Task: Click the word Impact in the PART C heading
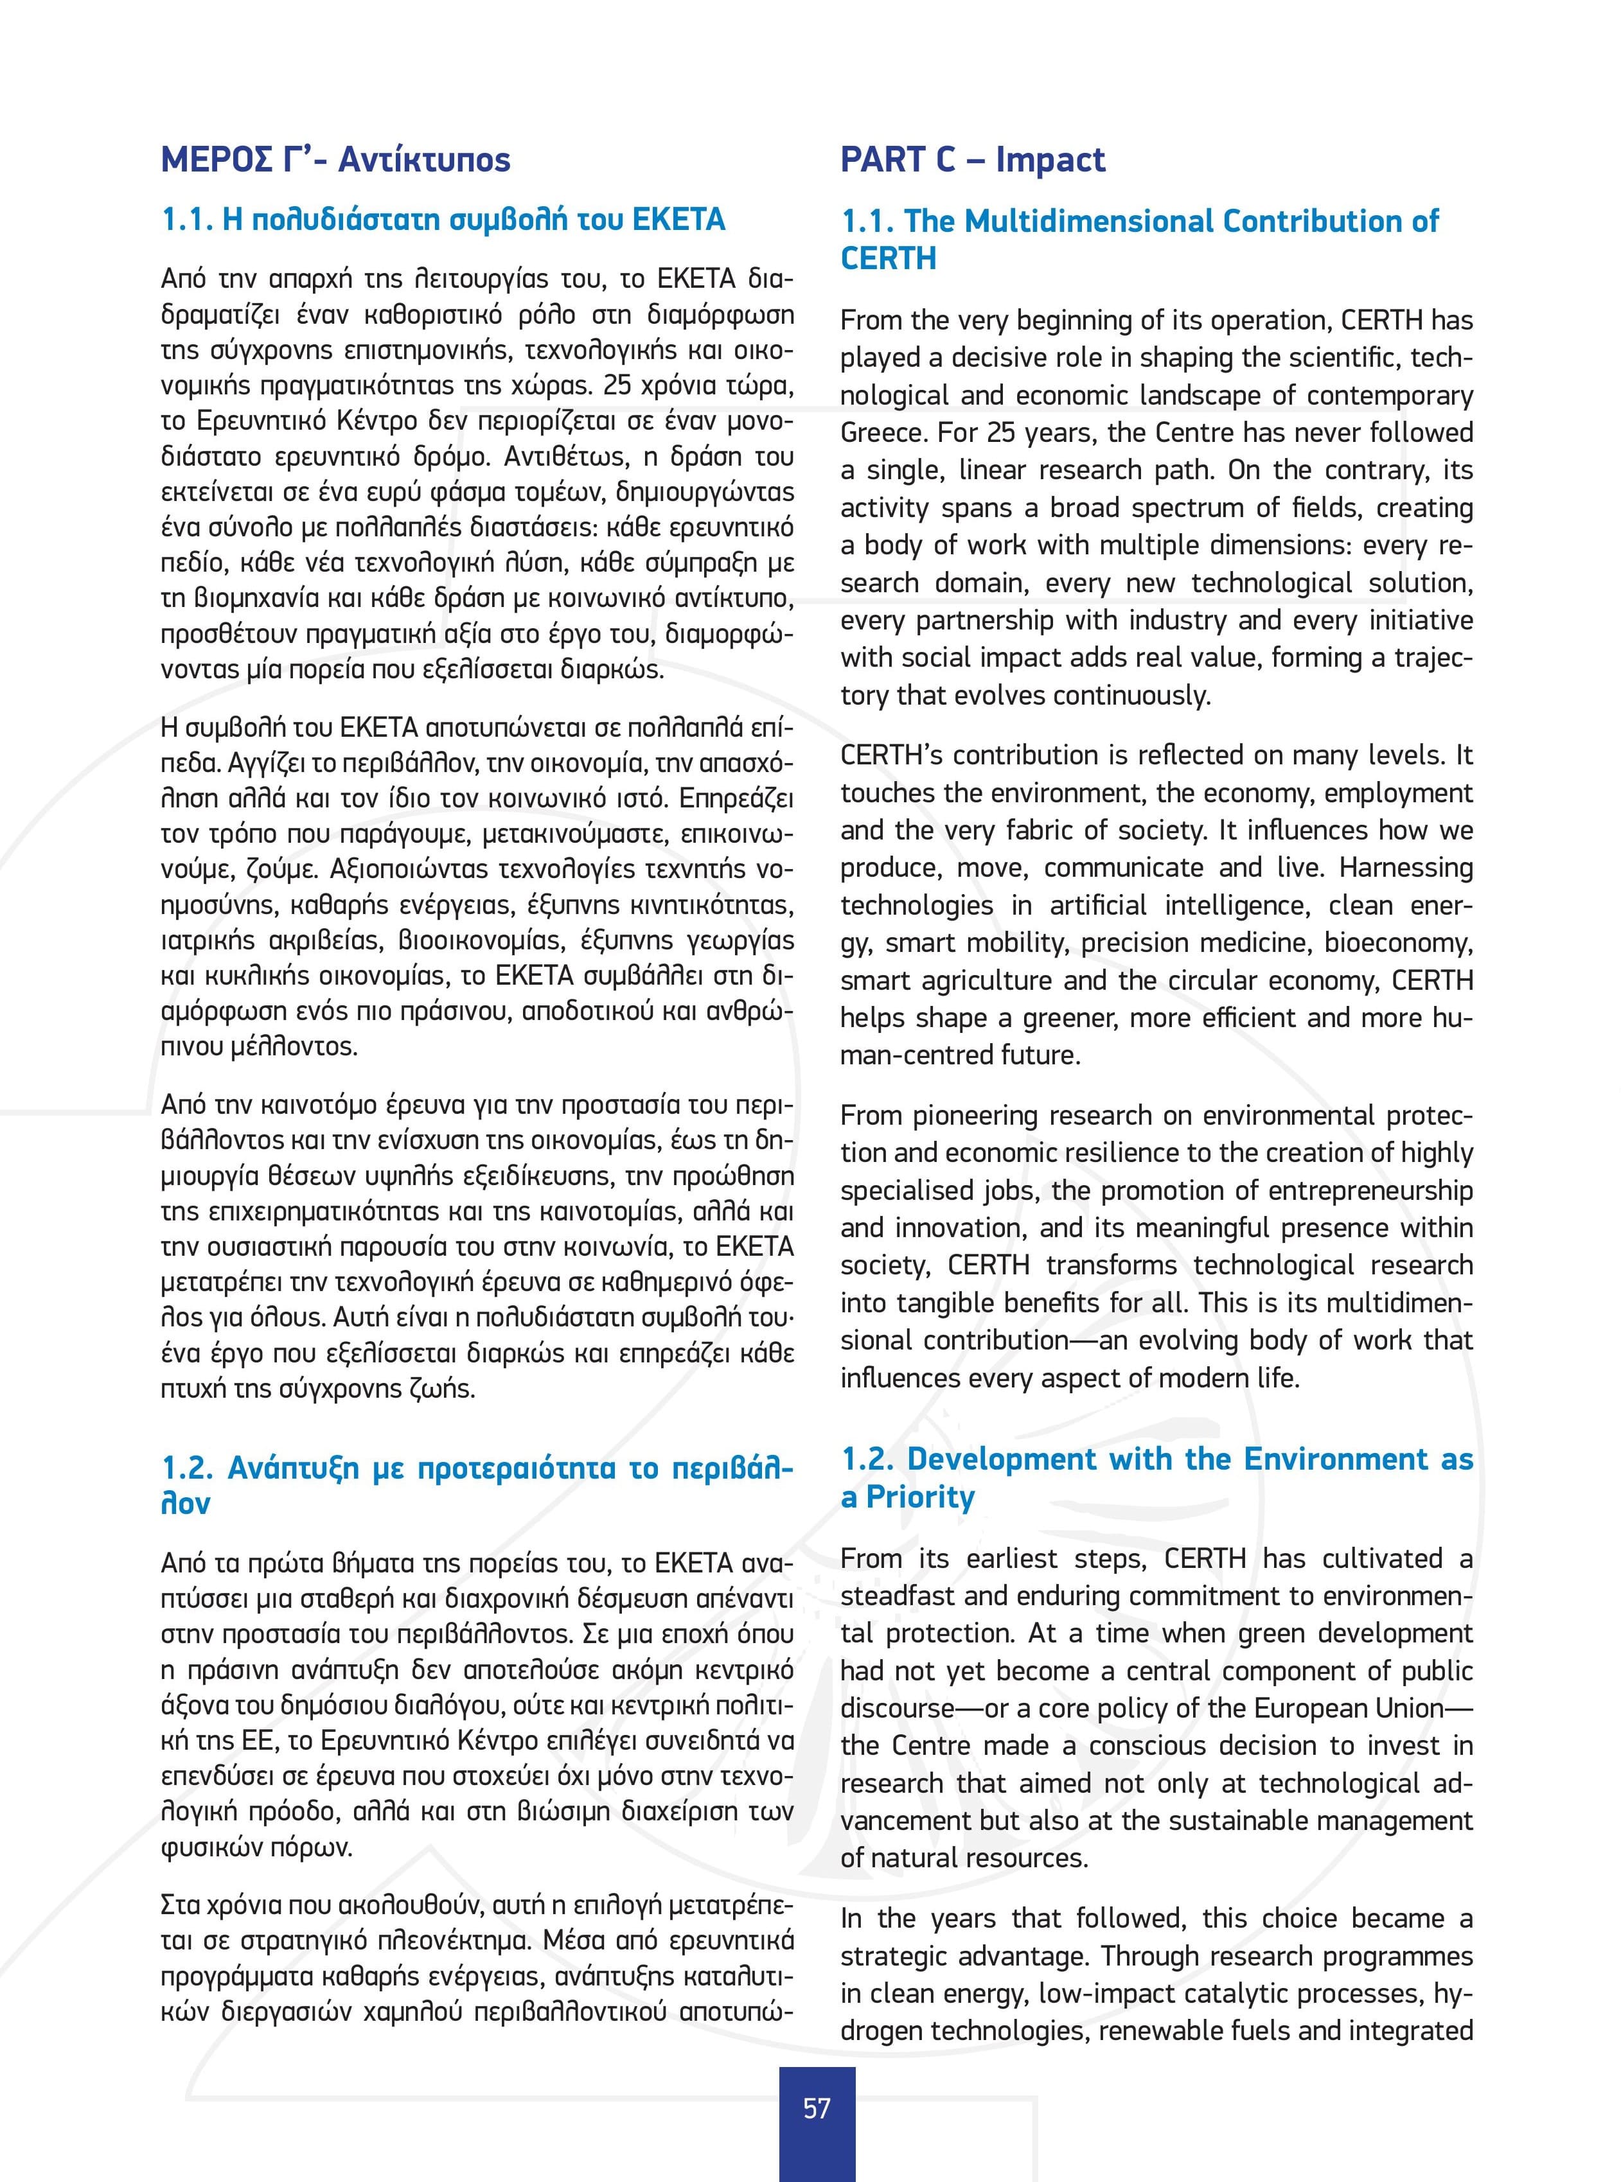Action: pyautogui.click(x=1050, y=160)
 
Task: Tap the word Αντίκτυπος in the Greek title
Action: pyautogui.click(x=424, y=160)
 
